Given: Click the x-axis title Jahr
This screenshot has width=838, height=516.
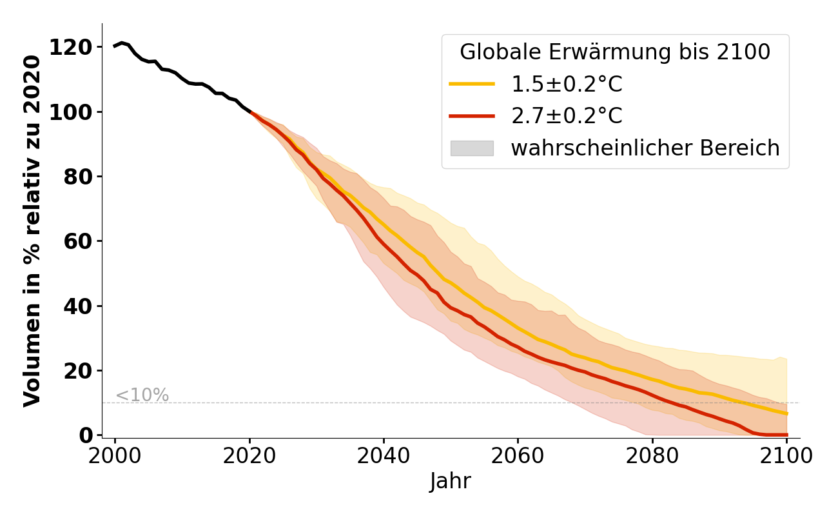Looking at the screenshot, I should tap(450, 481).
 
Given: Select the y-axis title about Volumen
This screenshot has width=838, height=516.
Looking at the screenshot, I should tap(32, 231).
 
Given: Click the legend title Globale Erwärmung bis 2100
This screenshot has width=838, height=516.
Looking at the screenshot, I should tap(615, 52).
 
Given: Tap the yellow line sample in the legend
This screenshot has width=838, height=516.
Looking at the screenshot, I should tap(472, 84).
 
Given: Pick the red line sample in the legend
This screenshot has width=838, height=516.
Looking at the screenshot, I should tap(472, 116).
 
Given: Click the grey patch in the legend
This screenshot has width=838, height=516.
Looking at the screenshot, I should tap(472, 148).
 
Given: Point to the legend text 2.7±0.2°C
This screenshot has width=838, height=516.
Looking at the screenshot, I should tap(567, 116).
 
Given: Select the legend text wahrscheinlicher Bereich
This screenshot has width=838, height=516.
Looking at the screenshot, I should tap(645, 148).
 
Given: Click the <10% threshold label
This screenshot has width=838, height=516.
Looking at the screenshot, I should tap(142, 395).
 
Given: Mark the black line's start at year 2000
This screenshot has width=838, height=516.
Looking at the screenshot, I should tap(115, 46).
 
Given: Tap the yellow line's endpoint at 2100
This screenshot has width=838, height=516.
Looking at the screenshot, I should tap(786, 413).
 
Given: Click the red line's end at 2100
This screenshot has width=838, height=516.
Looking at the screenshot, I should tap(786, 435).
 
